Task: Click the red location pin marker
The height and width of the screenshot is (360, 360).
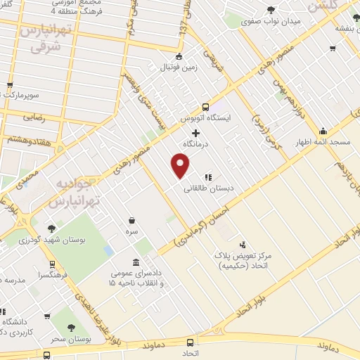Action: point(181,166)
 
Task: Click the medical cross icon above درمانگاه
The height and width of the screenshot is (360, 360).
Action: point(196,133)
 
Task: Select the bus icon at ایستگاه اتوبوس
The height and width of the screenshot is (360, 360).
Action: point(205,108)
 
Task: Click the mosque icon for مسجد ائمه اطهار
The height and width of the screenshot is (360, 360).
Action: point(323,130)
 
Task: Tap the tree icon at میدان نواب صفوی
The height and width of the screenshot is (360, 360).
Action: point(271,9)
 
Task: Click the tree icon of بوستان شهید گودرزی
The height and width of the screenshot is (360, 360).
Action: point(51,228)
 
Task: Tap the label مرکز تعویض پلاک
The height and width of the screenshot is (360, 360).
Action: point(263,258)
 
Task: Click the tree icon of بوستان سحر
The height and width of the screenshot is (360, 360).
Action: point(70,328)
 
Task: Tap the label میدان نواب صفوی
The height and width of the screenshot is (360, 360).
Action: point(271,20)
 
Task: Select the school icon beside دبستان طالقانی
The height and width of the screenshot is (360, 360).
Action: point(208,177)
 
